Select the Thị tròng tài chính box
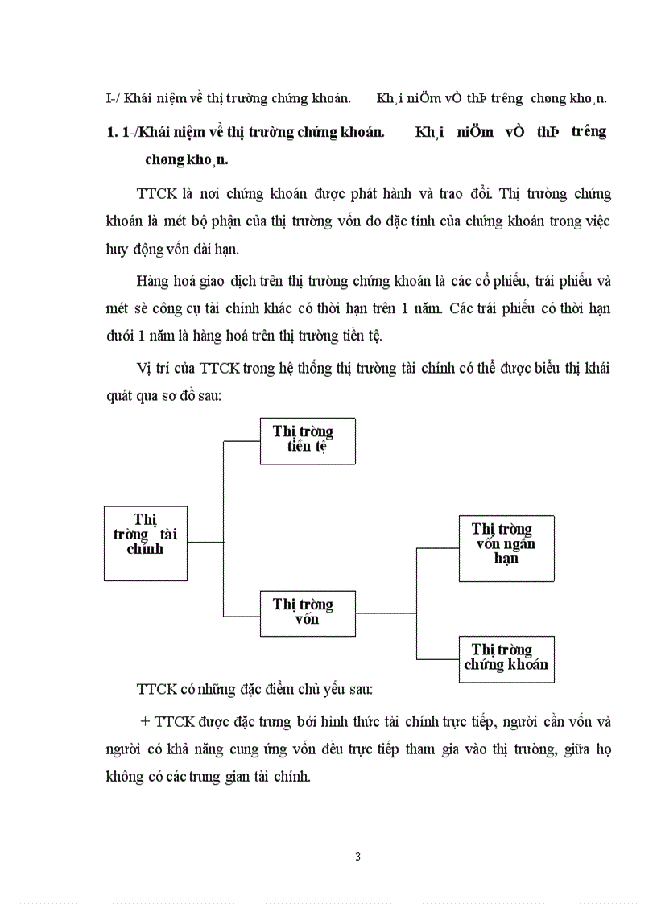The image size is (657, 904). pos(146,543)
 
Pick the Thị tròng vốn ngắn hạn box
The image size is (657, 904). pos(506,548)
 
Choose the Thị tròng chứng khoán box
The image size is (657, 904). pos(506,659)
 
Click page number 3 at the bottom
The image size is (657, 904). pos(357,856)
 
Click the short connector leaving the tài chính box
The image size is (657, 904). pos(205,543)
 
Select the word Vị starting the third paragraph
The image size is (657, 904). pos(144,369)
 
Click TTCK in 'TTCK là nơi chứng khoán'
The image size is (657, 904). pos(155,194)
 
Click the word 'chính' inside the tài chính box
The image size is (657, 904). pos(145,549)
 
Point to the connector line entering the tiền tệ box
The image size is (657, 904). pos(242,441)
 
